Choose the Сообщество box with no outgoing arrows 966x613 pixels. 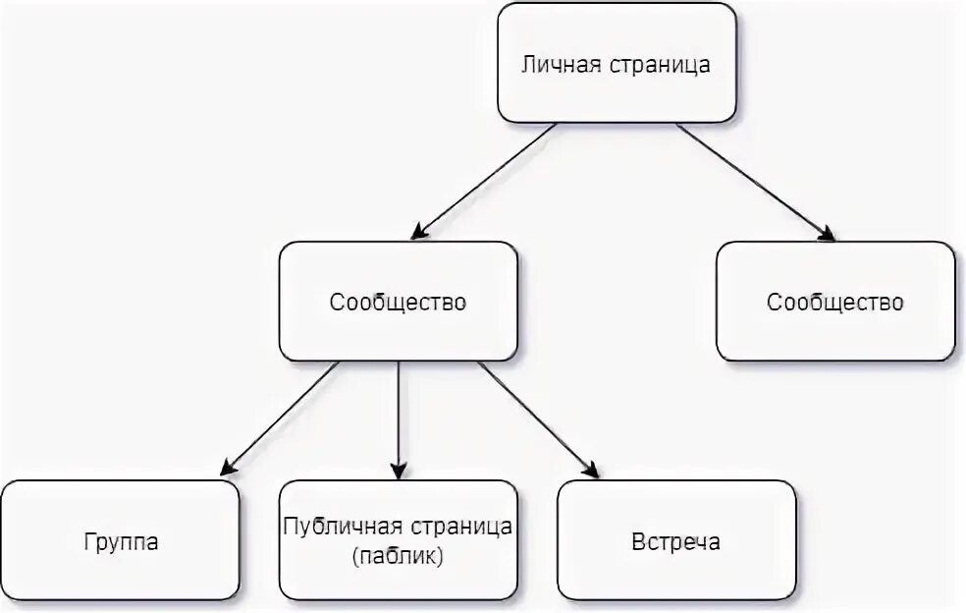pos(835,302)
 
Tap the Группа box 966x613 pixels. pos(120,541)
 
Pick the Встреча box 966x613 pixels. pos(676,541)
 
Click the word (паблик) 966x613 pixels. pos(398,556)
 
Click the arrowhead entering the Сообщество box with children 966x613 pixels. pos(418,234)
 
